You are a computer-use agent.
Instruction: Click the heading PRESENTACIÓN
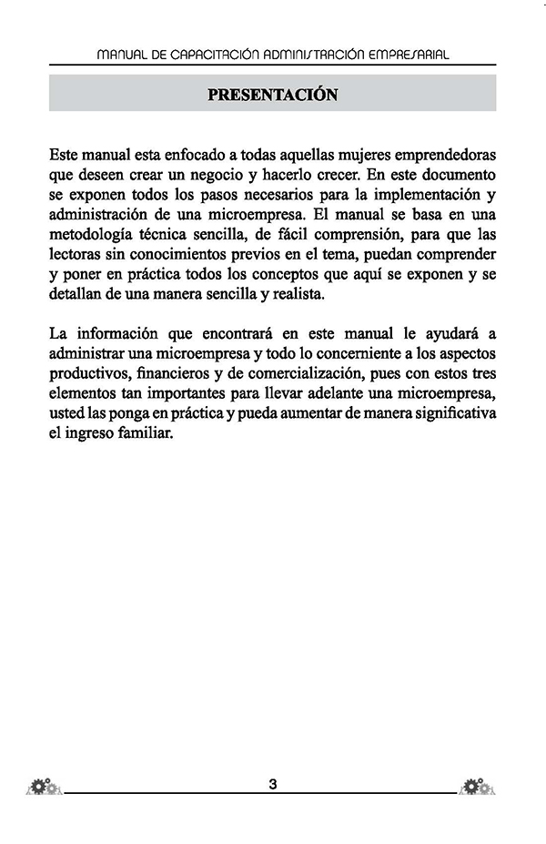tap(273, 94)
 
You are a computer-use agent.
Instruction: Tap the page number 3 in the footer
tap(273, 784)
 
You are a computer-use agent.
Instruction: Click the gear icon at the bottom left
tap(43, 786)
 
